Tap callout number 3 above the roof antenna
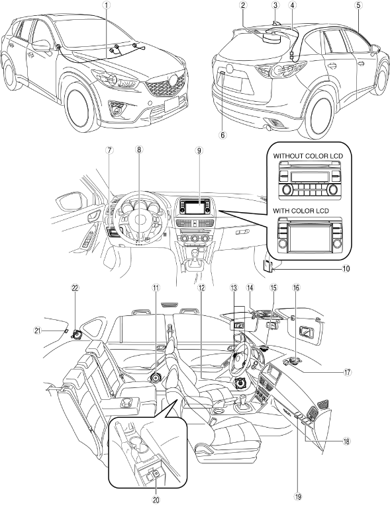click(275, 5)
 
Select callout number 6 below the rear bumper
click(222, 135)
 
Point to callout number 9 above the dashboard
click(199, 150)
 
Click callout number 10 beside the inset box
click(346, 268)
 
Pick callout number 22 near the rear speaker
click(75, 289)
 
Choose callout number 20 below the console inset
click(156, 500)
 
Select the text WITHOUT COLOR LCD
click(308, 156)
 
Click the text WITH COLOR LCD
click(301, 211)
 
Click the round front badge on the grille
click(175, 79)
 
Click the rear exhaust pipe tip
click(268, 129)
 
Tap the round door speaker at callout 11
click(156, 377)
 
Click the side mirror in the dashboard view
click(70, 202)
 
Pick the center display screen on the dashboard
click(197, 208)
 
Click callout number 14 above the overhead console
click(250, 288)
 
